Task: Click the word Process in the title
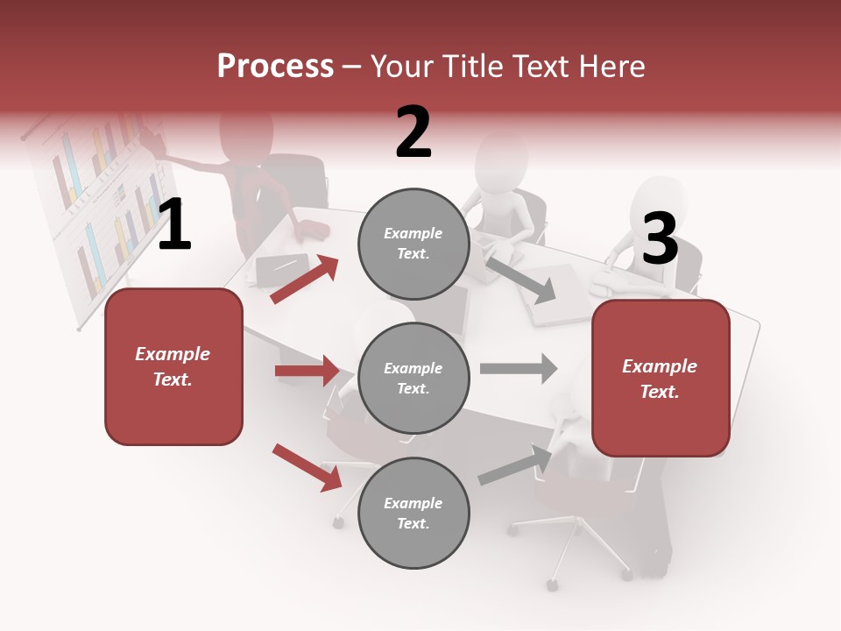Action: coord(275,66)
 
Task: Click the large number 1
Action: coord(174,225)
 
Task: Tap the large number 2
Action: coord(413,131)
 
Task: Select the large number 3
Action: coord(660,239)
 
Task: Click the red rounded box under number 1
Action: coord(173,366)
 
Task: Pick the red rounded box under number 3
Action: coord(661,378)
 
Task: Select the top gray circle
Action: coord(413,244)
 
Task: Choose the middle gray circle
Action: coord(413,378)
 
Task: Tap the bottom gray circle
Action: coord(413,513)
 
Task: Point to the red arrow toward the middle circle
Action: coord(307,371)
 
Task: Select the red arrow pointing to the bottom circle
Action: coord(307,467)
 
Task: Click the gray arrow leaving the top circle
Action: coord(520,279)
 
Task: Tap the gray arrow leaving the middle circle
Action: coord(518,368)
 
